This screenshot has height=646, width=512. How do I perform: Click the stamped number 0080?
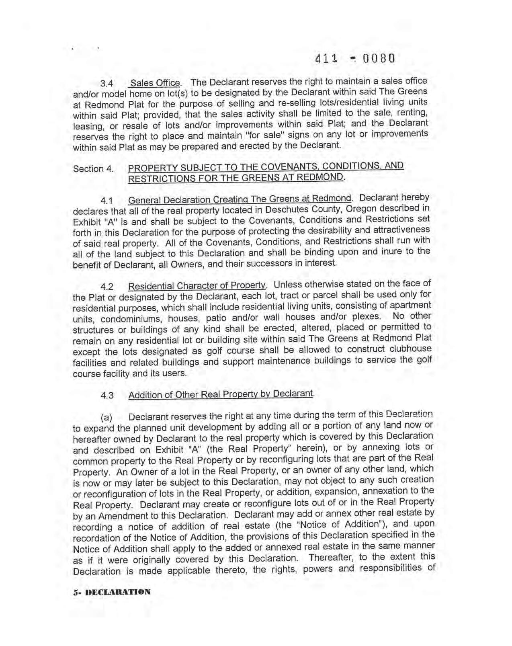click(x=379, y=59)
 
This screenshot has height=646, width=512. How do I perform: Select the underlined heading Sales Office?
click(x=155, y=83)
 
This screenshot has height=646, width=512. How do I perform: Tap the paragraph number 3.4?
click(x=107, y=84)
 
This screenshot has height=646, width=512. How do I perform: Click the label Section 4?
click(x=93, y=169)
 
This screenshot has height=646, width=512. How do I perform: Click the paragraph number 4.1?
click(x=107, y=200)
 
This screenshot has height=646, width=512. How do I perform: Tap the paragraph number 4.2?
click(x=107, y=287)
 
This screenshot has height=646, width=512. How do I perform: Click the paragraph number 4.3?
click(x=107, y=396)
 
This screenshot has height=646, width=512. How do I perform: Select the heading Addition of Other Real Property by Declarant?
click(x=221, y=394)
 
